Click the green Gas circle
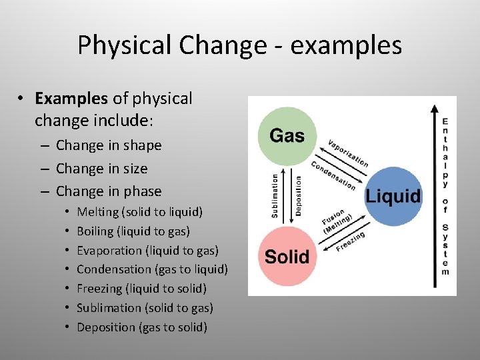coord(287,136)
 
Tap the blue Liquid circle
coord(393,196)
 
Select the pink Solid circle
coord(287,257)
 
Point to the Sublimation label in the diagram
coord(275,196)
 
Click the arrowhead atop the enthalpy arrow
coord(434,109)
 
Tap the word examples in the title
coord(347,45)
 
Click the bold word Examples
coord(71,99)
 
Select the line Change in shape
coord(109,145)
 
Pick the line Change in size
coord(101,169)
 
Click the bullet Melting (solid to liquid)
coord(139,212)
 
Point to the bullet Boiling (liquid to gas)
coord(133,231)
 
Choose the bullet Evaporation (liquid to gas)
coord(147,251)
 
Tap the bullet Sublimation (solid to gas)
coord(145,308)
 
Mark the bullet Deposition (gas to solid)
coord(142,327)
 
